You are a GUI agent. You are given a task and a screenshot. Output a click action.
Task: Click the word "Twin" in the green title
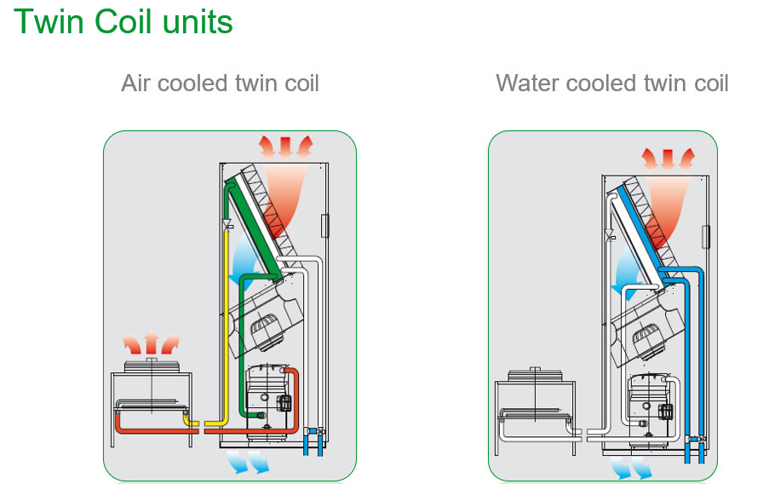[48, 22]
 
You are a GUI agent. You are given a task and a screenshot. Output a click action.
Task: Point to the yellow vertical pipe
[227, 324]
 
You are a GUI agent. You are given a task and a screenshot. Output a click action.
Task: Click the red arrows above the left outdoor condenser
[151, 344]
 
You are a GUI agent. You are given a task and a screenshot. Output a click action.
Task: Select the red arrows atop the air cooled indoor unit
[287, 146]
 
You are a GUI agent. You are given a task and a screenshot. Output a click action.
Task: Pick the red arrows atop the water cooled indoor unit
[668, 157]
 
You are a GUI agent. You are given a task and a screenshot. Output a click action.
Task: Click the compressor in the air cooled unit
[268, 396]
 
